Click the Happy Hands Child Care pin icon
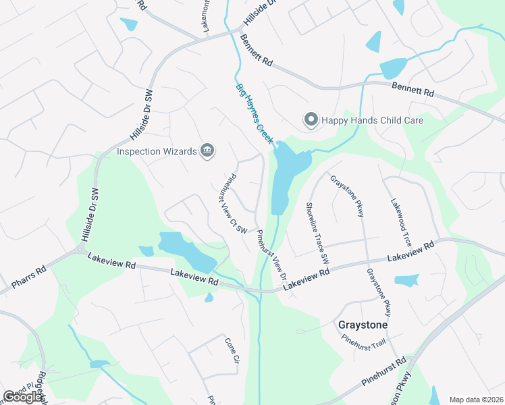click(311, 120)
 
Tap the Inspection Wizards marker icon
click(207, 151)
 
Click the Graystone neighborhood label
click(363, 325)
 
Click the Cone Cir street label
click(232, 350)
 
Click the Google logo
click(23, 397)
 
